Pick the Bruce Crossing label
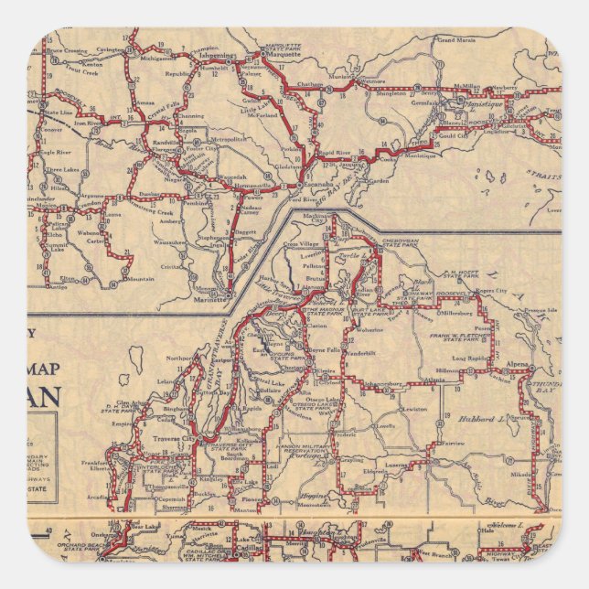click(x=69, y=39)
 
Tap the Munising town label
click(x=343, y=79)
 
